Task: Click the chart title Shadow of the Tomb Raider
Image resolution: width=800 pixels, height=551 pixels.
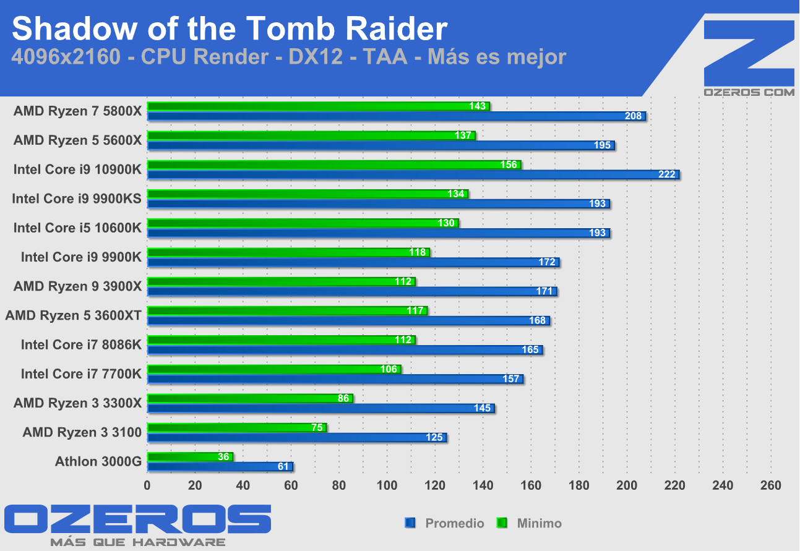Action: coord(229,29)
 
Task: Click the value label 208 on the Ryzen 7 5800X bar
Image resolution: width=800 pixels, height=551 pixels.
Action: coord(634,116)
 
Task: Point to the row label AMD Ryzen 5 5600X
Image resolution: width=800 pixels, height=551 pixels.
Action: coord(77,140)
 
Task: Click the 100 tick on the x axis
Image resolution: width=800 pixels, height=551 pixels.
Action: coord(387,485)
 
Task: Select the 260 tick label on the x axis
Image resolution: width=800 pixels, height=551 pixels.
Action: coord(770,485)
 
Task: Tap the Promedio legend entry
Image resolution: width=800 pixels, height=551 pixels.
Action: coord(454,523)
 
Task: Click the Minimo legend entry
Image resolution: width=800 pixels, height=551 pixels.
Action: coord(538,523)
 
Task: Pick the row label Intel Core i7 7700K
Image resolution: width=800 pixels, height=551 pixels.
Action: coord(81,374)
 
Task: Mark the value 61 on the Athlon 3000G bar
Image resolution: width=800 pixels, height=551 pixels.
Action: coord(284,467)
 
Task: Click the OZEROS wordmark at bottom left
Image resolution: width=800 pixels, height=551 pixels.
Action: coord(137,519)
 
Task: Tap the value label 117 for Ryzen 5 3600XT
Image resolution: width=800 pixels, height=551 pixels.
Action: coord(415,310)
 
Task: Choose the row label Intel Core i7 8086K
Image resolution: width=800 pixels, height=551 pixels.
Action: coord(81,344)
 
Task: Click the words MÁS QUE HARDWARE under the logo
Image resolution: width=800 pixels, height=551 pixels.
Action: coord(137,542)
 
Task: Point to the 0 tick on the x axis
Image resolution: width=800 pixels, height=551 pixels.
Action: coord(147,485)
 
